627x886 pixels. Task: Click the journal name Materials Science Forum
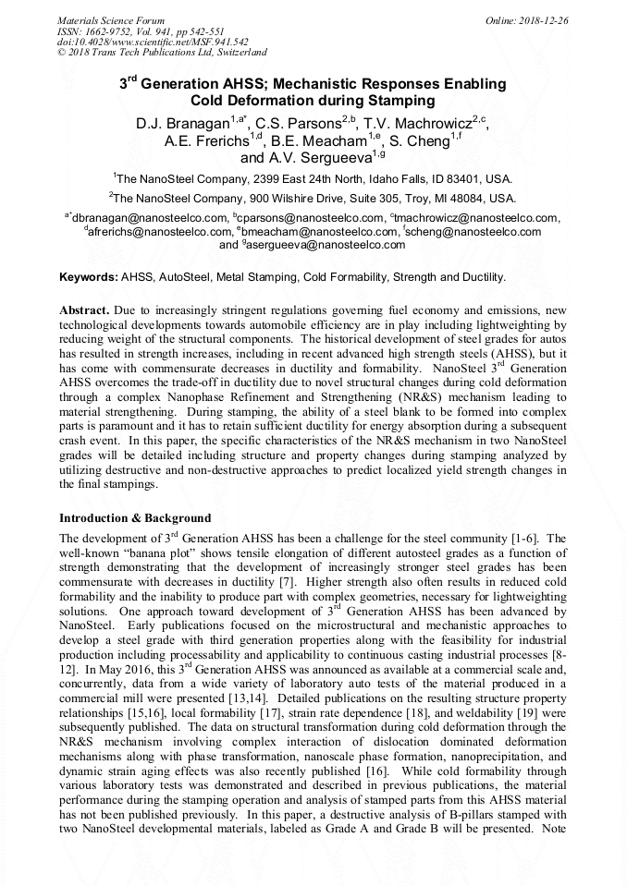tap(111, 20)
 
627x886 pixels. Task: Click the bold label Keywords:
tap(88, 277)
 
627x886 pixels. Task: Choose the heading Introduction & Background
tap(135, 517)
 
